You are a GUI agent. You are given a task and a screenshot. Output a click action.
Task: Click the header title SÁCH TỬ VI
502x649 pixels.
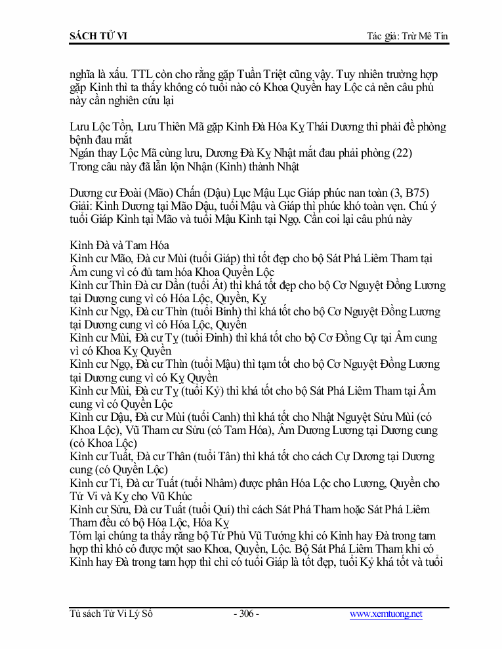pyautogui.click(x=98, y=35)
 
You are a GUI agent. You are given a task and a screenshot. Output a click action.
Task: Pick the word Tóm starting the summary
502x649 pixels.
pyautogui.click(x=82, y=536)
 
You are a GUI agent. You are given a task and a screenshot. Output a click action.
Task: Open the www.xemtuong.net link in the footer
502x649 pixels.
pyautogui.click(x=386, y=614)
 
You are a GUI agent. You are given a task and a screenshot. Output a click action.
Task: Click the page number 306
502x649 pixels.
pyautogui.click(x=247, y=614)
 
